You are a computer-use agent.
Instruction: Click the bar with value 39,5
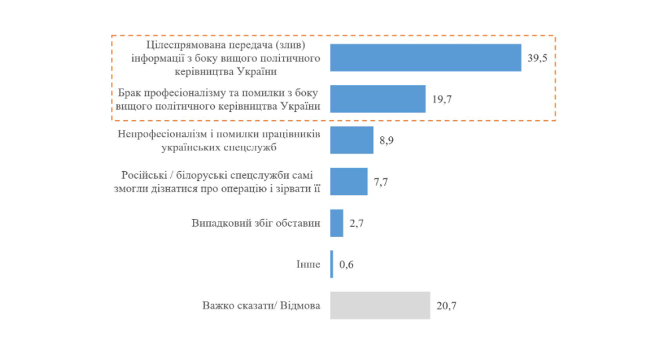[x=426, y=57]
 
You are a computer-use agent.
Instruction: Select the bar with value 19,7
[x=378, y=98]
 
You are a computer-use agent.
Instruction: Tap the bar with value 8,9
[x=352, y=140]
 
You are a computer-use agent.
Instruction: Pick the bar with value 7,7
[x=348, y=181]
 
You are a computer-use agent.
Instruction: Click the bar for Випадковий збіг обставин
[x=336, y=223]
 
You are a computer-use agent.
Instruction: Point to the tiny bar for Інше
[x=332, y=264]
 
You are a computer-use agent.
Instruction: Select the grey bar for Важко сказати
[x=380, y=305]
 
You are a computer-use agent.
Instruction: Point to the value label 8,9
[x=386, y=141]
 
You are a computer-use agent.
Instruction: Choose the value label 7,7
[x=380, y=182]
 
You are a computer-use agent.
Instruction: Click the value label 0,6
[x=346, y=266]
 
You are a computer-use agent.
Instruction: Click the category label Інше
[x=309, y=265]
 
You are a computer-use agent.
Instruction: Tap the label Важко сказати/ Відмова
[x=261, y=306]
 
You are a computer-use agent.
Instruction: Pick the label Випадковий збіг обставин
[x=256, y=223]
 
